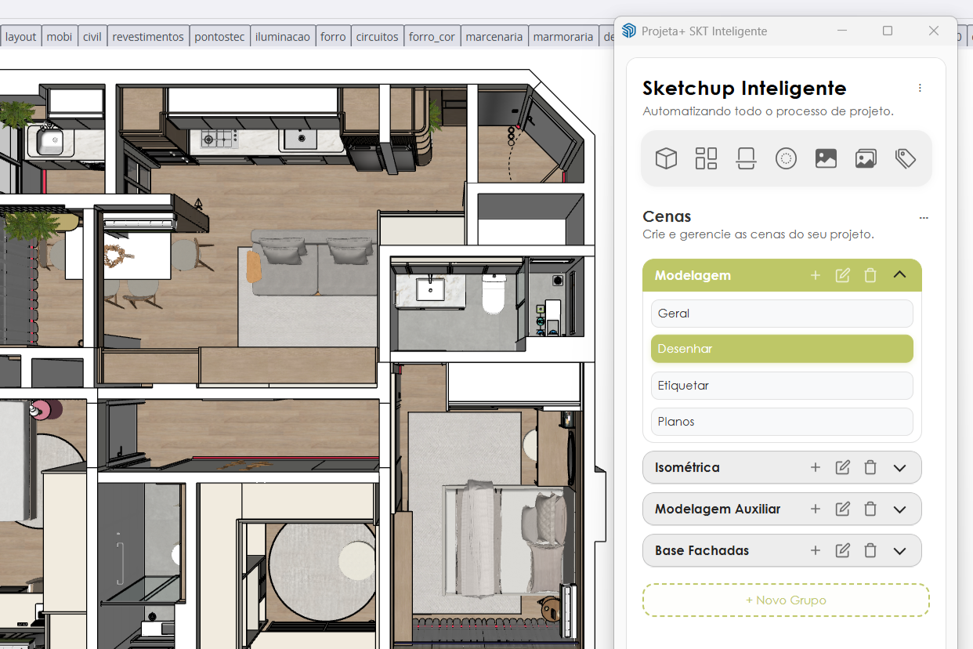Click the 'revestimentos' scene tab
pyautogui.click(x=148, y=37)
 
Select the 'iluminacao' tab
pyautogui.click(x=283, y=37)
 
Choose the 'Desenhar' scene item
pyautogui.click(x=782, y=349)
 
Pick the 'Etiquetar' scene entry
pyautogui.click(x=782, y=386)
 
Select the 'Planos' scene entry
pyautogui.click(x=782, y=422)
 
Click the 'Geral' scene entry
pyautogui.click(x=782, y=314)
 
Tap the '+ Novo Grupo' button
pyautogui.click(x=786, y=600)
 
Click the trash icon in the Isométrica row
pyautogui.click(x=870, y=467)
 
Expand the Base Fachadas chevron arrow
pyautogui.click(x=899, y=551)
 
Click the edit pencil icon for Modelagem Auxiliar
pyautogui.click(x=842, y=509)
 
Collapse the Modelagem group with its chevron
pyautogui.click(x=899, y=275)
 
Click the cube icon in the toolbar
pyautogui.click(x=666, y=158)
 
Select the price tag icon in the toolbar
pyautogui.click(x=906, y=158)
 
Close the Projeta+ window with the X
pyautogui.click(x=933, y=31)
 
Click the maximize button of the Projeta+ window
pyautogui.click(x=888, y=31)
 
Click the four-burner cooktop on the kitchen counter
pyautogui.click(x=219, y=140)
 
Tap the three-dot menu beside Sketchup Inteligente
pyautogui.click(x=920, y=88)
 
